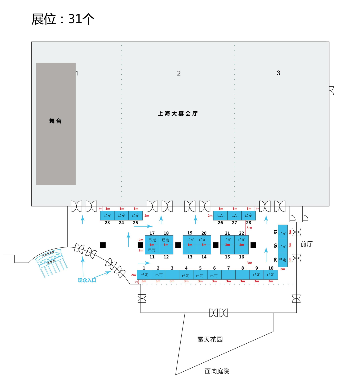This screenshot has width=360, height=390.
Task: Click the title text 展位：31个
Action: coord(63,19)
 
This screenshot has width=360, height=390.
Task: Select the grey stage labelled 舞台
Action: coord(56,124)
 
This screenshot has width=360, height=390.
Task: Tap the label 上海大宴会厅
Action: coord(178,114)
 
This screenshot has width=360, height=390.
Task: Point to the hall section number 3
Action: coord(278,73)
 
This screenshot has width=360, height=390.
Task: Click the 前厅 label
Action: coord(306,244)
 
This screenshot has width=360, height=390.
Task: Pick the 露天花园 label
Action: coord(210,340)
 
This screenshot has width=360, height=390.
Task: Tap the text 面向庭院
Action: coord(217,371)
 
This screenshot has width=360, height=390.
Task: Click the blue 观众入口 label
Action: coord(87,280)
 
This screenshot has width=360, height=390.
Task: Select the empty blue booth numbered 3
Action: coord(172,275)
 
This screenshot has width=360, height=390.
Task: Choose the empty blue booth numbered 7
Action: coord(228,275)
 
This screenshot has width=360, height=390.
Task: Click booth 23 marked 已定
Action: coord(107,216)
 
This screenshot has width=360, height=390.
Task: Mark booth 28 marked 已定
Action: coord(249,216)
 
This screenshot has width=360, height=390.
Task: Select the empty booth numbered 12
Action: coord(166,250)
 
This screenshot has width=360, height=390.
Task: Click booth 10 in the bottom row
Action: coord(271,275)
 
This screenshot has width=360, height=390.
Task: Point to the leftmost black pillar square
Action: coord(103,245)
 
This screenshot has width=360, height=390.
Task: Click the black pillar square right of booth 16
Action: coord(253,245)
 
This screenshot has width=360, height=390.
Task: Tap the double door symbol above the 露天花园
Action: coord(219,313)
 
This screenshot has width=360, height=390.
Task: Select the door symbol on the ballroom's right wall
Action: coord(331,91)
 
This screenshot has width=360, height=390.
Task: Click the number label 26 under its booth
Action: coord(220,223)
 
